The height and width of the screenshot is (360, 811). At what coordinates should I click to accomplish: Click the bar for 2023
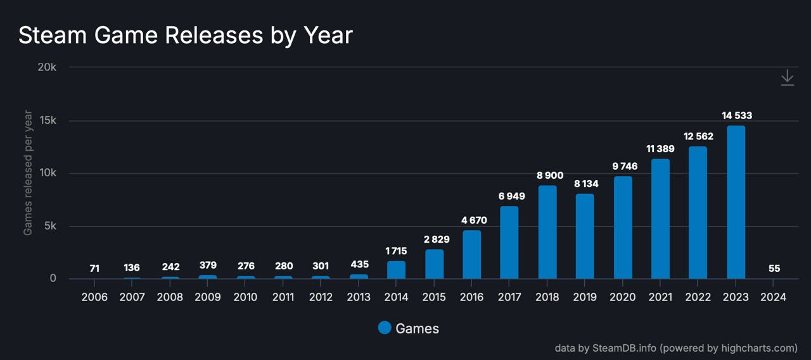click(x=736, y=202)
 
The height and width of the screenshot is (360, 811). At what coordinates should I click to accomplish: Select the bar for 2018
click(x=547, y=232)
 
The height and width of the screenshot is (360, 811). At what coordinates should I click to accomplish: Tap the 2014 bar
click(x=396, y=270)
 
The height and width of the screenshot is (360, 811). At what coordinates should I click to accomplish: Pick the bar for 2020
click(x=623, y=228)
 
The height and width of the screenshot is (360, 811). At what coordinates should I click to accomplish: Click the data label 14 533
click(x=737, y=116)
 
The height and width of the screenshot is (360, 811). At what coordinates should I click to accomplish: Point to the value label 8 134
click(x=585, y=184)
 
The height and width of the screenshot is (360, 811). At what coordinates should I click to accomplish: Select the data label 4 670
click(x=471, y=220)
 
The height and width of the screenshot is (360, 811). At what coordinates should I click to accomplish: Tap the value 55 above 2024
click(x=774, y=269)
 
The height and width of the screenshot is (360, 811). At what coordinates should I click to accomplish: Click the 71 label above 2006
click(x=94, y=269)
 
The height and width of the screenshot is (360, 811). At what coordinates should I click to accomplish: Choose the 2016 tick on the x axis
click(x=471, y=297)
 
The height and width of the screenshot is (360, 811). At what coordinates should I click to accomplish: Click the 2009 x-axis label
click(x=207, y=297)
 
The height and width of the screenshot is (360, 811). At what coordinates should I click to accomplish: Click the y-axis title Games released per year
click(x=28, y=172)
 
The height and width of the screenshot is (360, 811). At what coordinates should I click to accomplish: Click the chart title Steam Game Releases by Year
click(x=185, y=35)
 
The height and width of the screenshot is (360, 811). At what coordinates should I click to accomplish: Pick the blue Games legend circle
click(x=385, y=328)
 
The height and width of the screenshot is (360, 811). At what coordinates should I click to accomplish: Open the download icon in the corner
click(x=787, y=78)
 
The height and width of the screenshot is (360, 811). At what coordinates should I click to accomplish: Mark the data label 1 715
click(x=396, y=251)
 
